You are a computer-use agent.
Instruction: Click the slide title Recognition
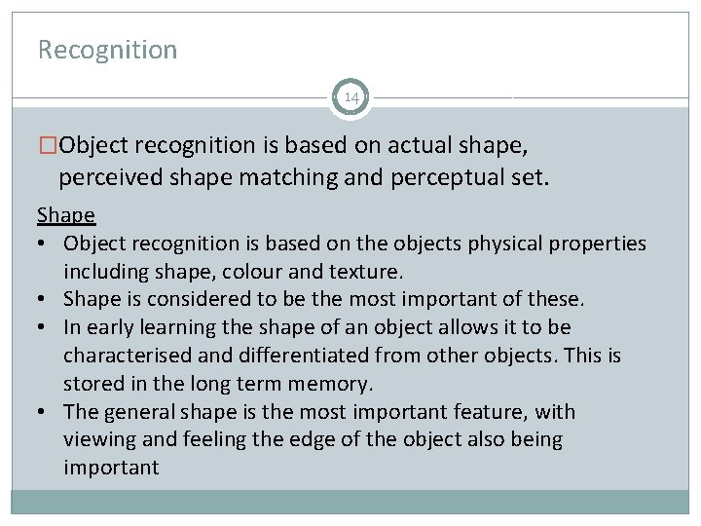[x=107, y=50]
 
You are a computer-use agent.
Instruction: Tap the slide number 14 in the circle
[x=350, y=97]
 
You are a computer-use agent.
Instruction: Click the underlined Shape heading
[x=66, y=214]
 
